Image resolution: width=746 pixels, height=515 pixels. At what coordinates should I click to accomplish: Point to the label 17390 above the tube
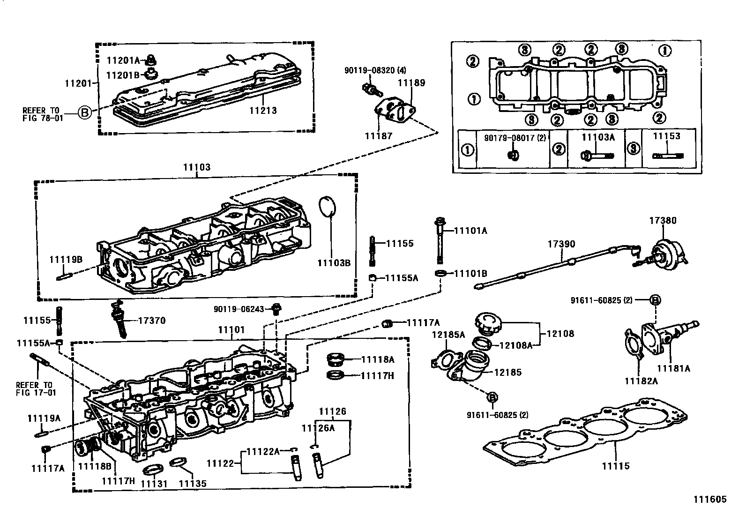point(561,244)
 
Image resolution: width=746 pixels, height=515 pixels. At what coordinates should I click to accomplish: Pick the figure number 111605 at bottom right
point(710,500)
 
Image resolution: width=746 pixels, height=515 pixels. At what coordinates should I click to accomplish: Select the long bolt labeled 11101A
point(440,241)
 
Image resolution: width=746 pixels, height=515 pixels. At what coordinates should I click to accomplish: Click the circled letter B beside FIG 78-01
point(84,113)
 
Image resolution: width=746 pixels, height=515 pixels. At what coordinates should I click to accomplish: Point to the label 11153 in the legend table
point(666,136)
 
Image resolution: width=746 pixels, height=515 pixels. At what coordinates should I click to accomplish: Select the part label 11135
point(193,483)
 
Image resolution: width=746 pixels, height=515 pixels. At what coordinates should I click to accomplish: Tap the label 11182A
point(641,381)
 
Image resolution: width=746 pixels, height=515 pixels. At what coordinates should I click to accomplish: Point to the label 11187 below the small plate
point(378,136)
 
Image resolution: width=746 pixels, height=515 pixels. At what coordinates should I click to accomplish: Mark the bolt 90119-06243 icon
point(277,309)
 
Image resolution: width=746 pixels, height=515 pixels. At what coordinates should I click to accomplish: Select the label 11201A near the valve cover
point(123,60)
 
